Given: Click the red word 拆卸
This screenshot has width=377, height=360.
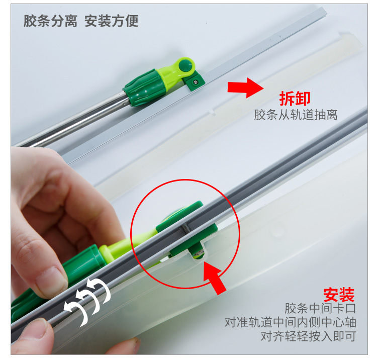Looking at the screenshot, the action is pos(295,99).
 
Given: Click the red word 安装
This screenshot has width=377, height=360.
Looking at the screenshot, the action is pos(339,295).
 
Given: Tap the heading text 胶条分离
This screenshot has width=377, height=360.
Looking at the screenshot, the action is pos(50,21).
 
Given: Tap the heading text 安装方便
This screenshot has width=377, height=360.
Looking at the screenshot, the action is pos(112,21).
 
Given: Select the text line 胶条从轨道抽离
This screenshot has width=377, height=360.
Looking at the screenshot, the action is pos(296,115).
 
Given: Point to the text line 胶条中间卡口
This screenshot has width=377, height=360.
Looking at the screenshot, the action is pos(320,308).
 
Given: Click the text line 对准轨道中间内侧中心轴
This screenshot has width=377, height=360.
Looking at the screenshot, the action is pos(290,322).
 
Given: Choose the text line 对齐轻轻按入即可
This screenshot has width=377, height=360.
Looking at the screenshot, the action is pos(308,336).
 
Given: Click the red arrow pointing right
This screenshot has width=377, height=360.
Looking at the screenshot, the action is pos(245,87).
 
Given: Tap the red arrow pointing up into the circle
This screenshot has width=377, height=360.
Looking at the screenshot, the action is pos(214,278).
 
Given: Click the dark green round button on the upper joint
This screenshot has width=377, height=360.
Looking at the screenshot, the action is pos(185,65).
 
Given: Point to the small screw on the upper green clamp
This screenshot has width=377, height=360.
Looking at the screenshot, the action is pos(196,82).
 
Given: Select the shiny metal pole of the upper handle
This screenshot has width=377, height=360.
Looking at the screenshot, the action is pos(72,123).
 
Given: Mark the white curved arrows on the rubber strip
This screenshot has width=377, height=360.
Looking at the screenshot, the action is pos(87,301).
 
